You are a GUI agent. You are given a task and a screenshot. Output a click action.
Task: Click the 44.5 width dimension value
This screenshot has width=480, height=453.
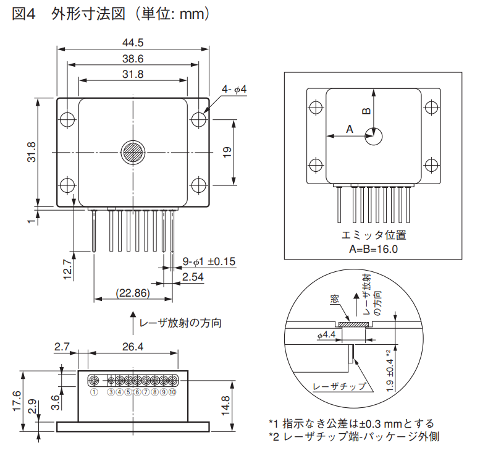pos(133,43)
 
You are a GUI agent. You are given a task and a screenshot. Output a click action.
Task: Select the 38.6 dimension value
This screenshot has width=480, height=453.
pos(133,59)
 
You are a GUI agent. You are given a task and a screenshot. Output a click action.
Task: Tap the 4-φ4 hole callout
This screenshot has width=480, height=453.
pos(234,90)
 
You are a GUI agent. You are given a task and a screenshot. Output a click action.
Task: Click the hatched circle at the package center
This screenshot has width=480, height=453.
pos(133,152)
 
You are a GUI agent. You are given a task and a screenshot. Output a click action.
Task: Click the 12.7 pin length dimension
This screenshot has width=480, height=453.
pos(69,270)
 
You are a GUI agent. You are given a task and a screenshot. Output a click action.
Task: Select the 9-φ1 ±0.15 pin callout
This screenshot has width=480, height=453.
pos(209,261)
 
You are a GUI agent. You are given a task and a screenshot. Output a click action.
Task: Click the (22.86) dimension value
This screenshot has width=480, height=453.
pos(133,292)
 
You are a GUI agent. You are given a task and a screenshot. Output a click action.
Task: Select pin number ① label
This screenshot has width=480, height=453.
pos(94,391)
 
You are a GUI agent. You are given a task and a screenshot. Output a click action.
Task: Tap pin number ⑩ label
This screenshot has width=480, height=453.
pos(172,391)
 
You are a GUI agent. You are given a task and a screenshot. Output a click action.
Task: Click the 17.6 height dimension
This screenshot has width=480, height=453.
pos(17,402)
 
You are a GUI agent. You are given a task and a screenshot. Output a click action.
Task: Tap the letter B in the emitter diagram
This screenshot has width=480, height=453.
pos(366,111)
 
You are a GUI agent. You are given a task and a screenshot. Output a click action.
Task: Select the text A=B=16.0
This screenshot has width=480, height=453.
pos(373,249)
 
